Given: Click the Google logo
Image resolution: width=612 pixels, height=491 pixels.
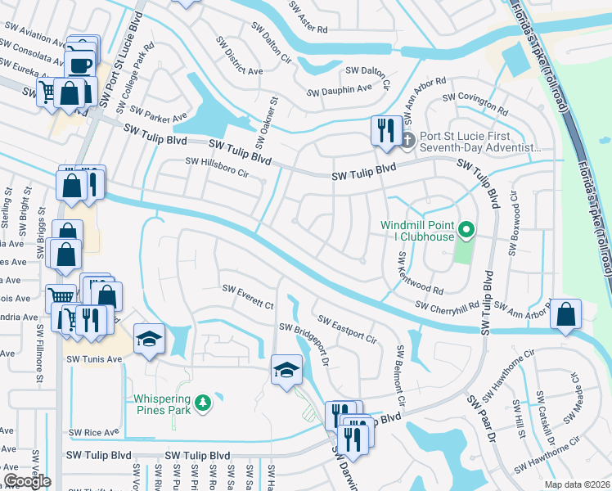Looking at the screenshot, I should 27,481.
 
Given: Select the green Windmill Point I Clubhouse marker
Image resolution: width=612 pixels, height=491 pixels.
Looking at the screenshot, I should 466,230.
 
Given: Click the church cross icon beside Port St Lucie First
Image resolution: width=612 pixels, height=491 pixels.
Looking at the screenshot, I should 407,140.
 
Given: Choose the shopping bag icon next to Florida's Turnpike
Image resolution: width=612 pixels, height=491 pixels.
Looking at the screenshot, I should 565,313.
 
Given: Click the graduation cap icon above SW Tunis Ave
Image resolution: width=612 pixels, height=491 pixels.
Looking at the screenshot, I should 149,338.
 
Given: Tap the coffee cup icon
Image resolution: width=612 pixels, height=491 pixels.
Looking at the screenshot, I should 81,65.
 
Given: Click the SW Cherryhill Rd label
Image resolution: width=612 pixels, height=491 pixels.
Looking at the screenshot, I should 446,306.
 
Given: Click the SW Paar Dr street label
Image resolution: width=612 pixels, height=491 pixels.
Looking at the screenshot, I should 482,419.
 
